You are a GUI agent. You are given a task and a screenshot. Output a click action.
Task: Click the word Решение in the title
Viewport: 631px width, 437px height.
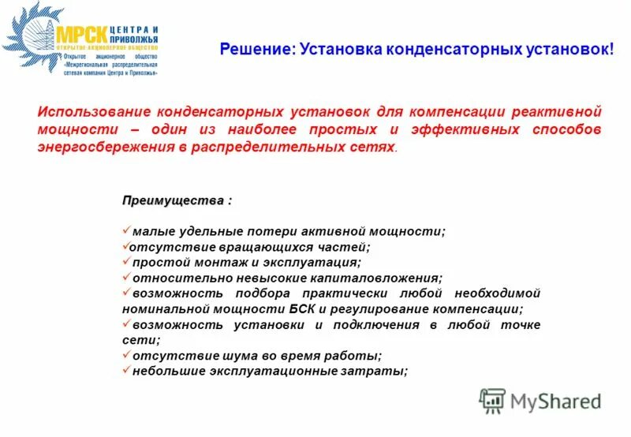click(257, 50)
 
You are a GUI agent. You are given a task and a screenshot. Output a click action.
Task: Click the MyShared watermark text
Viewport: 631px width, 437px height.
click(555, 400)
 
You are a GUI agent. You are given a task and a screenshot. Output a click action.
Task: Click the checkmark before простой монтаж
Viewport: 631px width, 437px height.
click(126, 262)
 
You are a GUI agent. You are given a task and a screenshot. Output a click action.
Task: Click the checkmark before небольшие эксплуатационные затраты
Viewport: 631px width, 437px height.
click(126, 371)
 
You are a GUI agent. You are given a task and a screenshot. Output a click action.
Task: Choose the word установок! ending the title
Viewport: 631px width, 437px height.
click(568, 50)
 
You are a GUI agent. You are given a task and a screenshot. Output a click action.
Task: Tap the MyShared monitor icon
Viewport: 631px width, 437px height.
click(493, 401)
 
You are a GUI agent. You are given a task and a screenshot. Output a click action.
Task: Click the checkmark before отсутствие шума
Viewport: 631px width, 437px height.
click(126, 356)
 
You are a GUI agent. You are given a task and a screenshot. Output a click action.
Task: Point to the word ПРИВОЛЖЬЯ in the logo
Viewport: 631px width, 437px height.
click(135, 38)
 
